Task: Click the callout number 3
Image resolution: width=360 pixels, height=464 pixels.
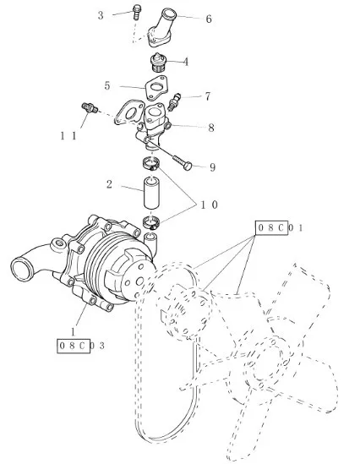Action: coord(101,15)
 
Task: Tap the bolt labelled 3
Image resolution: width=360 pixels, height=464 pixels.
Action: coord(136,12)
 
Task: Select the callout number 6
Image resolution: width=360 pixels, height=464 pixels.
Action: coord(209,19)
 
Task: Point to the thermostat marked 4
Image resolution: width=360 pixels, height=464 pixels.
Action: coord(158,63)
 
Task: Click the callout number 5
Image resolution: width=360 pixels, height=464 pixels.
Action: coord(107,86)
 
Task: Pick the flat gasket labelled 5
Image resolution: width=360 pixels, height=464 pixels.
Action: coord(156,88)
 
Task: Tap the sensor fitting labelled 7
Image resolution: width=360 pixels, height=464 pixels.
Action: coord(173,102)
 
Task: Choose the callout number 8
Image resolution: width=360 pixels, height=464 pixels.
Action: coord(211,128)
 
